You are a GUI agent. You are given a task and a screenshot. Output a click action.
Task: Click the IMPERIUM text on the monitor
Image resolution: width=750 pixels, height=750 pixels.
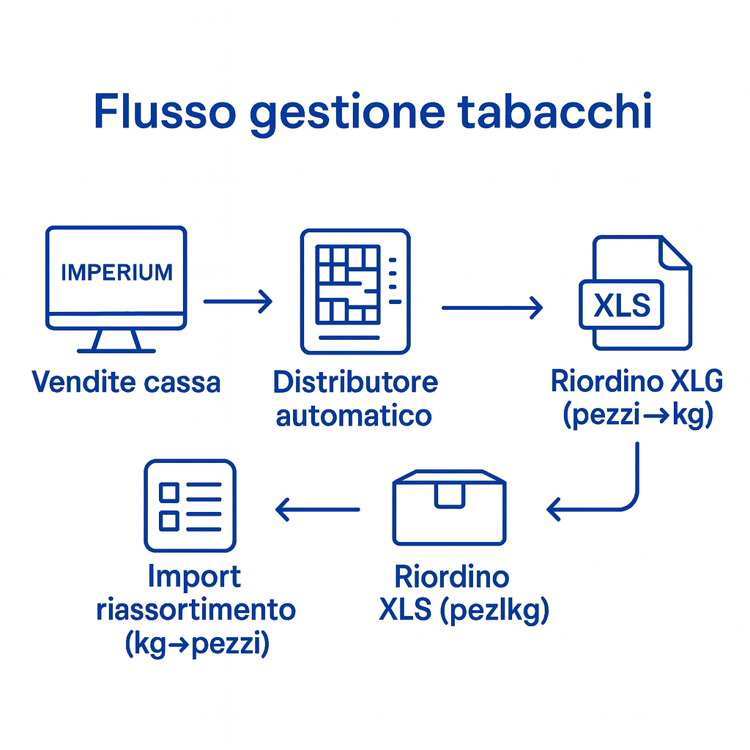click(116, 272)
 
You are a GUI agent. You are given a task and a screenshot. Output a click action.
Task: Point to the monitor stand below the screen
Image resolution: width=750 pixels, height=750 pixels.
click(116, 341)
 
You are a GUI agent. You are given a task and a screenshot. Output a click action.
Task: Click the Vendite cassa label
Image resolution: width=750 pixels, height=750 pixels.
click(126, 382)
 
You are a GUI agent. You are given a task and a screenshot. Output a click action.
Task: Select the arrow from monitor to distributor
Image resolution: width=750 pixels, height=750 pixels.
click(237, 301)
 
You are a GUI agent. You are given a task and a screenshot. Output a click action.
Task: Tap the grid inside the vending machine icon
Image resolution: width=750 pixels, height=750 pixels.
click(347, 284)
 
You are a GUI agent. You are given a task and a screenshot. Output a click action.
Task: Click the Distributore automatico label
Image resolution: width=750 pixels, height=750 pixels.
click(355, 399)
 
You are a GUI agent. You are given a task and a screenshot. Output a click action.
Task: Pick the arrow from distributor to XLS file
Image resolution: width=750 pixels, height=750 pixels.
click(492, 308)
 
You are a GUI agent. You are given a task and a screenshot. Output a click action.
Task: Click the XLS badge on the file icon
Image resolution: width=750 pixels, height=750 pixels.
click(621, 305)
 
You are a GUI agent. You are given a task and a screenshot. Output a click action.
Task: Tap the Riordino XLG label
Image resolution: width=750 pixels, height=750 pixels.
click(636, 382)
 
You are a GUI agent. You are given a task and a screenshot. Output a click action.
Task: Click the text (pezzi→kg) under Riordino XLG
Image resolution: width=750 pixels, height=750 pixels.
click(637, 415)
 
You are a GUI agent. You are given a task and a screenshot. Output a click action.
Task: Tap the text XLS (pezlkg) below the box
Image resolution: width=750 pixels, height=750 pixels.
click(463, 610)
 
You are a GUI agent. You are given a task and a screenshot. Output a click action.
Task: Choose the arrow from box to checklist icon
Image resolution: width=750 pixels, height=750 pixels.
click(317, 509)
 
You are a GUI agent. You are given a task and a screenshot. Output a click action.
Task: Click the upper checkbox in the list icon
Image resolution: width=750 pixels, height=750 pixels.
click(169, 491)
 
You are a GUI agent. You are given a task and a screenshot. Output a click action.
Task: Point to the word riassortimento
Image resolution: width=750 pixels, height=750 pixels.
click(196, 610)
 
